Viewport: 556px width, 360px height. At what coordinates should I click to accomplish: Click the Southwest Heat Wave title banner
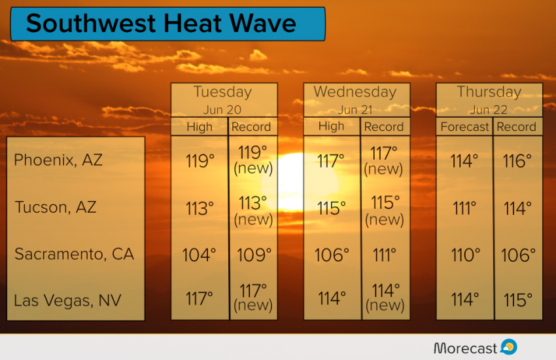pos(167,24)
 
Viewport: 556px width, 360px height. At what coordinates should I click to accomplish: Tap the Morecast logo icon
pos(509,347)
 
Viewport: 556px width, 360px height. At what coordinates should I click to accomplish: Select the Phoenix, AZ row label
pos(58,160)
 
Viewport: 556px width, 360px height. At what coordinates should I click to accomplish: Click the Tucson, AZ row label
pos(56,207)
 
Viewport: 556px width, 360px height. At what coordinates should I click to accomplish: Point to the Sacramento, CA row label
pos(74,254)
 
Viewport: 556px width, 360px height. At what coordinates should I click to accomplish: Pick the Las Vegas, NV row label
pos(67,300)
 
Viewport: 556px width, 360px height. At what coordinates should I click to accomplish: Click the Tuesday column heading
pos(222,92)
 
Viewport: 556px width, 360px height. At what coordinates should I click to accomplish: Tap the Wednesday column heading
pos(355,92)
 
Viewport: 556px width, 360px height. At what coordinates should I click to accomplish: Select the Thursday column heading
pos(489,92)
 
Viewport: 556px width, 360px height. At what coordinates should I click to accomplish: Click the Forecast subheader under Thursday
pos(464,126)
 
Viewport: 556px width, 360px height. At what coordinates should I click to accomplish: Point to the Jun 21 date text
pos(355,110)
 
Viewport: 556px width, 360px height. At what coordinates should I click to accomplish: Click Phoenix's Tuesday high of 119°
pos(200,161)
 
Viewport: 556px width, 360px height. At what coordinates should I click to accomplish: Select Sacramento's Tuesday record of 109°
pos(254,255)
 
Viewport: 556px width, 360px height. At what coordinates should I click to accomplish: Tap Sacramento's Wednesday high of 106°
pos(332,255)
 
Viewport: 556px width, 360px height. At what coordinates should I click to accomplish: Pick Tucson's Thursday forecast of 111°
pos(464,208)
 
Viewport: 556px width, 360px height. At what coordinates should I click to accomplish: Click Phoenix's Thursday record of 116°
pos(517,161)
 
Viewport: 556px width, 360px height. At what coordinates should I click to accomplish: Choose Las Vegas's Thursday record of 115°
pos(518,300)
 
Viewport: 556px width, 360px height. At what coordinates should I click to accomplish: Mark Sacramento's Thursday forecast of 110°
pos(466,255)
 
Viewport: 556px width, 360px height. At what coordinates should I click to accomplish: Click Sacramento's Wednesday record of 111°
pos(385,255)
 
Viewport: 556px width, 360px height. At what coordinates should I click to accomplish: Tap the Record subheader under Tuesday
pos(251,126)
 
